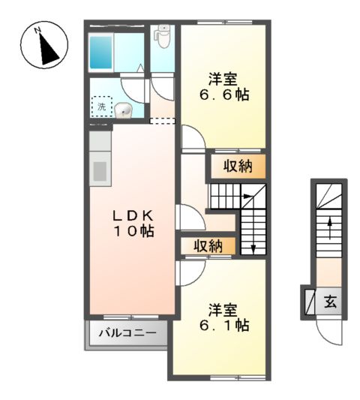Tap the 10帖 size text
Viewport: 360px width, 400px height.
tap(134, 232)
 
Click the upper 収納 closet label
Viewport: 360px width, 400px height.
tap(235, 167)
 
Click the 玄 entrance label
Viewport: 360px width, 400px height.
tap(331, 302)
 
